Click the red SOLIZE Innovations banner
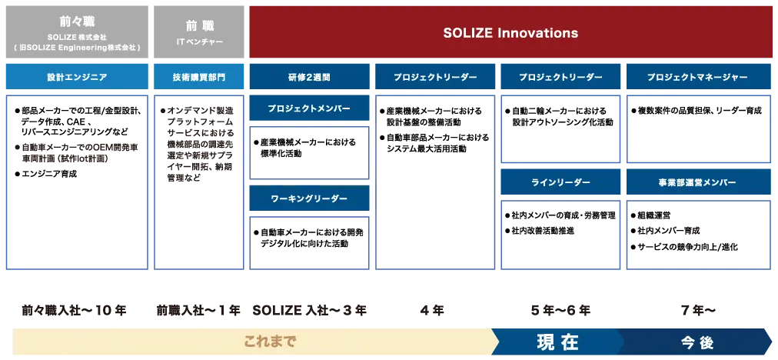tap(510, 32)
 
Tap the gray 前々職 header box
tap(77, 32)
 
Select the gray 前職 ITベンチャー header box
tap(199, 32)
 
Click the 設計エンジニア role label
tap(77, 77)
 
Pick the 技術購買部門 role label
tap(199, 77)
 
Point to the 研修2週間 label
tap(309, 77)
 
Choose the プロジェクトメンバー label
tap(309, 108)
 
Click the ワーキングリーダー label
tap(309, 198)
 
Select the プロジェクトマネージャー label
tap(699, 77)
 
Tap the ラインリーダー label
tap(560, 182)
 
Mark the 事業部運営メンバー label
tap(699, 182)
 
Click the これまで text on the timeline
tap(270, 342)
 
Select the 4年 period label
tap(432, 311)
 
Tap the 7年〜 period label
tap(697, 311)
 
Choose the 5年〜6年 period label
tap(560, 311)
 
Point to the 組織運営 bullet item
tap(650, 216)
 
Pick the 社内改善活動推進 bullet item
tap(540, 231)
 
